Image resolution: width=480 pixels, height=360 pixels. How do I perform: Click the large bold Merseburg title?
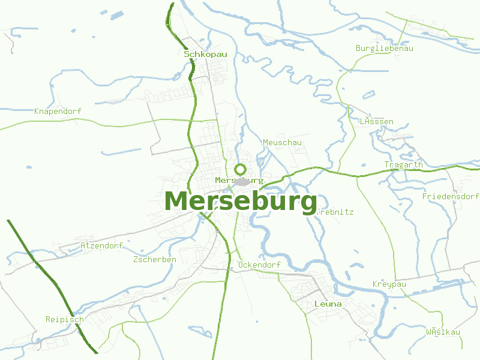pos(241,202)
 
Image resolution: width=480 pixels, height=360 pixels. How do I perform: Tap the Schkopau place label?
pos(205,54)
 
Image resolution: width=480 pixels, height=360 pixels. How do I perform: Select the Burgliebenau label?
pos(384,48)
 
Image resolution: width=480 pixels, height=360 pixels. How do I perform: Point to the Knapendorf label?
pos(58,112)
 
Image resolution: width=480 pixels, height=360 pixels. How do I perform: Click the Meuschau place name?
pos(282,142)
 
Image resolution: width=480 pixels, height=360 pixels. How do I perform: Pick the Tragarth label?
pos(403,164)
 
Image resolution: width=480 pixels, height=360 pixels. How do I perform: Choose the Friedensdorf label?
pos(450,196)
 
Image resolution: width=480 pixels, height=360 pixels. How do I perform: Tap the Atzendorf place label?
pos(101,245)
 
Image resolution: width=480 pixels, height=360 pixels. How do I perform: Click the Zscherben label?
pos(154,259)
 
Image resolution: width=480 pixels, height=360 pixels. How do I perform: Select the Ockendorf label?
pos(259,265)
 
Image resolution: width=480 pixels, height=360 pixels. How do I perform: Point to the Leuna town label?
pos(328,304)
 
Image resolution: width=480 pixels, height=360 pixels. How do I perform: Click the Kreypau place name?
pos(389,284)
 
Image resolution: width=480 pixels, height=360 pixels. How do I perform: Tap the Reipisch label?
pos(64,319)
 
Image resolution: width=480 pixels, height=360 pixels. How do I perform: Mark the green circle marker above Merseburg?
pos(241,169)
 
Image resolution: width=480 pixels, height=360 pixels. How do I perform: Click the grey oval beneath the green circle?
pos(242,182)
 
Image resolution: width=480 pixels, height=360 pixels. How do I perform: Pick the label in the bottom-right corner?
pos(443,332)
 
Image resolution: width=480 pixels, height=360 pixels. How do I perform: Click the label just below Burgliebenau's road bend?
pos(376,121)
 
